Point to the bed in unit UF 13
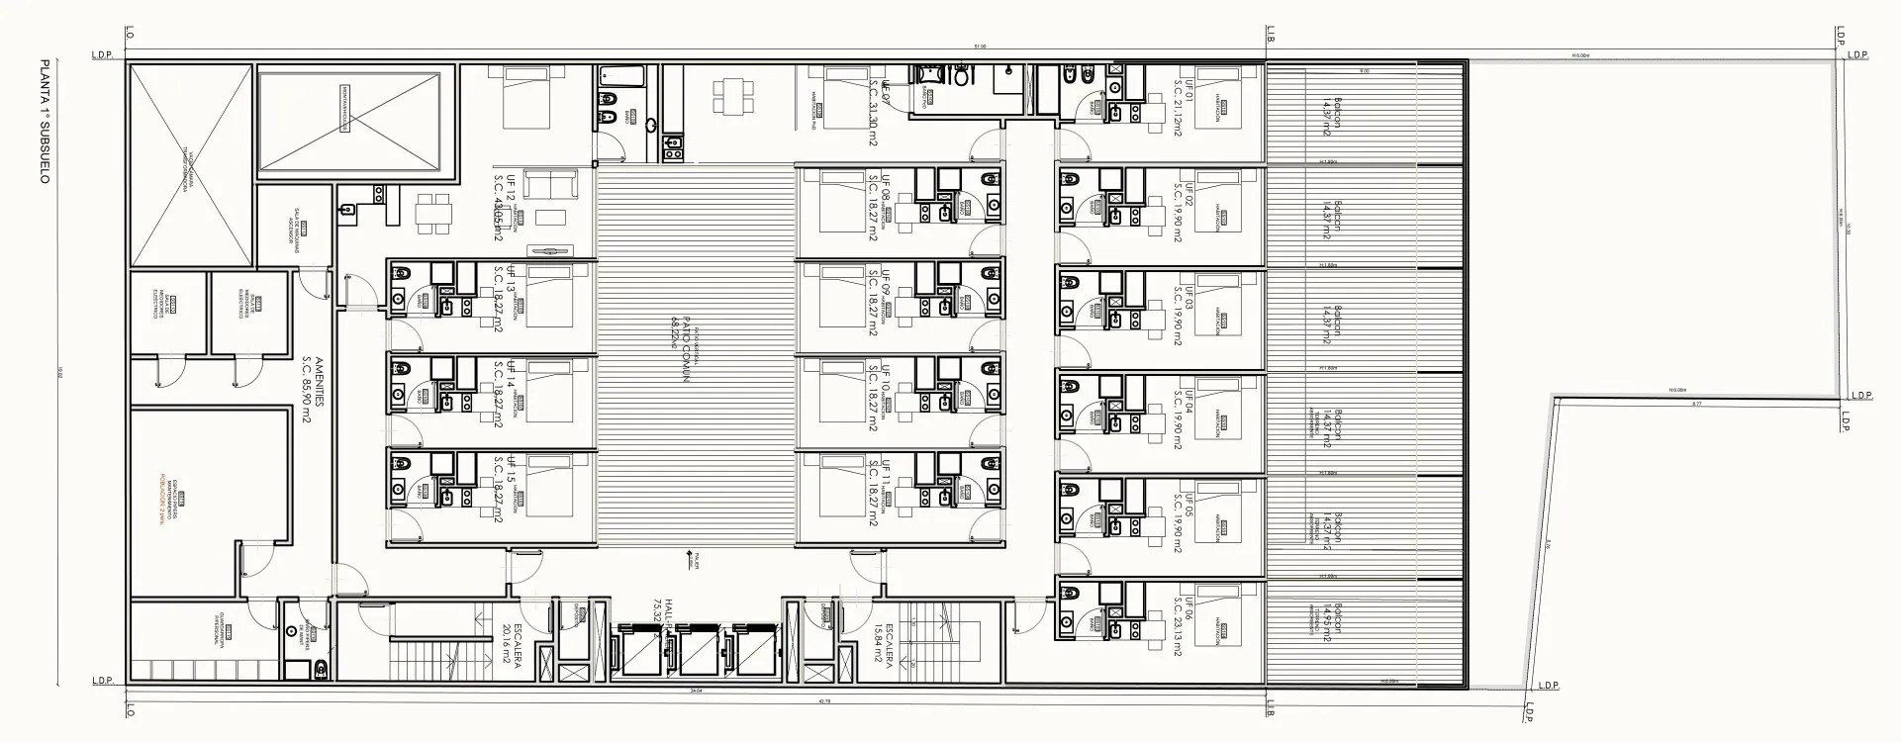pos(550,296)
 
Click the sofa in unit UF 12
pos(550,185)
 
